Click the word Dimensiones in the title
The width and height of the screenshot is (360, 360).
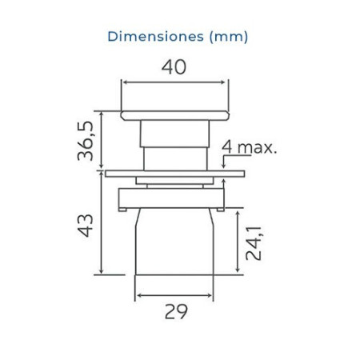[x=156, y=37]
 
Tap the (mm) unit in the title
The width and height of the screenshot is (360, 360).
[x=229, y=37]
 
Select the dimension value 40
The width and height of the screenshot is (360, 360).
[x=174, y=67]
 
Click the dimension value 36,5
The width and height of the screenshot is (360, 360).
[x=86, y=141]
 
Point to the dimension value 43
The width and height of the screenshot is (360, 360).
[x=86, y=226]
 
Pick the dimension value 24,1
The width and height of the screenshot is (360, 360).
[x=254, y=243]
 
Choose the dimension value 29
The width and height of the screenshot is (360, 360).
[x=176, y=311]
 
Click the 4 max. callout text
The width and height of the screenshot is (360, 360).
[x=250, y=147]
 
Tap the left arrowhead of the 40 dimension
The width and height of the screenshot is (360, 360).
[x=125, y=82]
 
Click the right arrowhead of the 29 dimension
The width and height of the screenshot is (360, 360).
[x=210, y=295]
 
